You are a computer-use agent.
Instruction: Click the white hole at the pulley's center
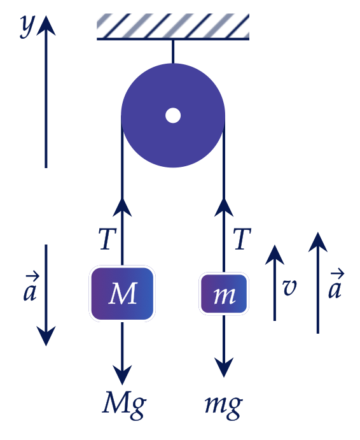[x=173, y=115]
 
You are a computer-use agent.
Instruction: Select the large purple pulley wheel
[x=173, y=115]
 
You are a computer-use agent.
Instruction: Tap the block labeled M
[x=122, y=294]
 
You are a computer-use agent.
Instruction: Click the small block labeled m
[x=224, y=294]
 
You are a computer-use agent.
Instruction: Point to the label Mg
[x=124, y=404]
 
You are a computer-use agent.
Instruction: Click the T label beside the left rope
[x=107, y=239]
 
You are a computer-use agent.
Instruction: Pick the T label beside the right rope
[x=242, y=239]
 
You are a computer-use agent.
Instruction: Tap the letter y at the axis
[x=27, y=26]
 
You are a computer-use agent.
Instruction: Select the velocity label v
[x=289, y=287]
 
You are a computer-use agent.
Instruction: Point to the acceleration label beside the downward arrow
[x=31, y=287]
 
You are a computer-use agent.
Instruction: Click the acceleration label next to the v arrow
[x=336, y=283]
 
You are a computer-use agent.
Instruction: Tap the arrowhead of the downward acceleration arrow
[x=46, y=336]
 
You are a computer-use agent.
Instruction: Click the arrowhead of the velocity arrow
[x=275, y=255]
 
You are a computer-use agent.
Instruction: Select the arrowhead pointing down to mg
[x=224, y=367]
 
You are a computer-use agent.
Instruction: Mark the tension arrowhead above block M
[x=122, y=207]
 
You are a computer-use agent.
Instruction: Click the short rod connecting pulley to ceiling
[x=173, y=52]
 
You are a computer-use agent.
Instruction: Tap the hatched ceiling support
[x=173, y=27]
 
